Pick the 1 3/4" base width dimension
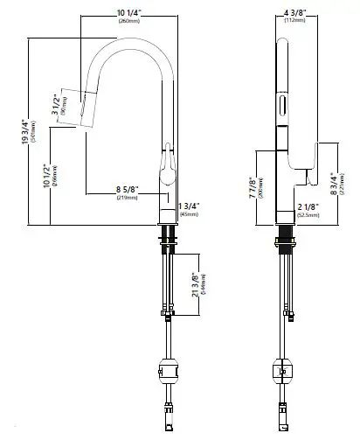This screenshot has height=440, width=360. pos(189,206)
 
